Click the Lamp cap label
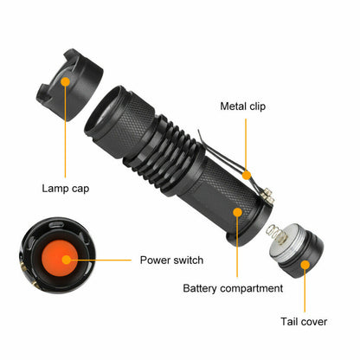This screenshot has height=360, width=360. point(66,186)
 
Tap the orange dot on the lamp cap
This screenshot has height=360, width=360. point(66,80)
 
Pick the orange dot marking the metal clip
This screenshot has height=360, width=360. point(247,172)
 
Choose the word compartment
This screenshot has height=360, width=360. point(252,288)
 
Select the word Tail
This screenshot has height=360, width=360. point(291,321)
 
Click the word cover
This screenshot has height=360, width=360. point(314,321)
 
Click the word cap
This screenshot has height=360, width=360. point(81,186)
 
